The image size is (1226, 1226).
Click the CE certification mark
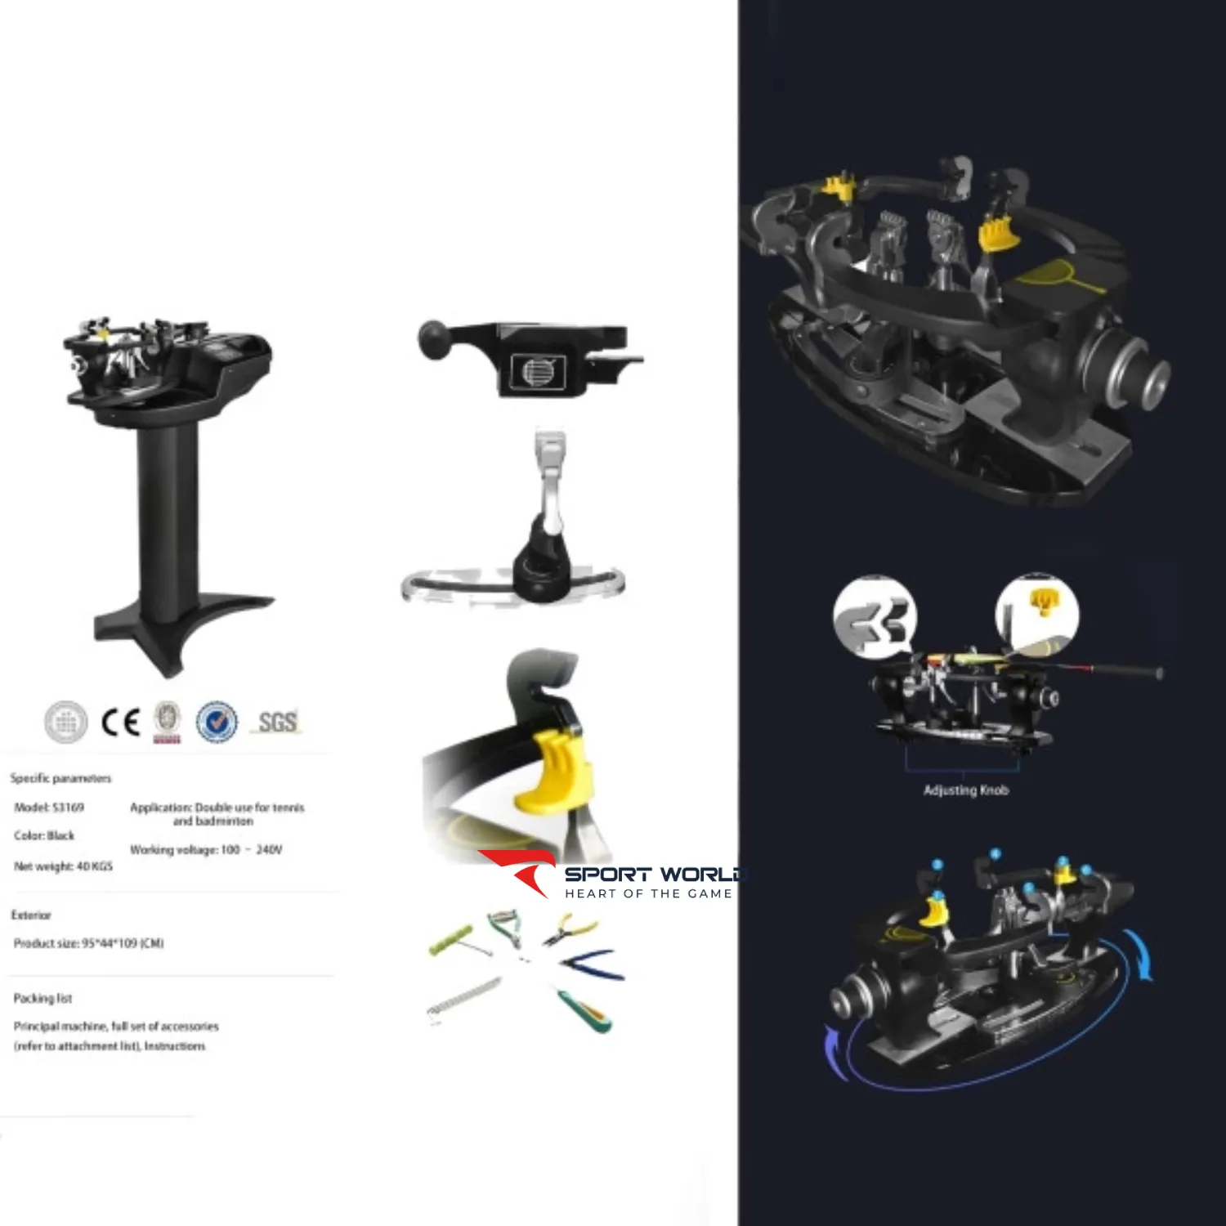(120, 723)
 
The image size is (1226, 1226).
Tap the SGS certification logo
(277, 722)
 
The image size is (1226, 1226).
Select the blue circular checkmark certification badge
(217, 722)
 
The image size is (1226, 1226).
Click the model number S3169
(49, 808)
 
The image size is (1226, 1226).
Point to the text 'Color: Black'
(44, 835)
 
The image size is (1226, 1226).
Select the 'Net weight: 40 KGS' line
(63, 866)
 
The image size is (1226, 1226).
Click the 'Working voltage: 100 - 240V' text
(206, 850)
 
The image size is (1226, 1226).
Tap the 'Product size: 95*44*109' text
(88, 943)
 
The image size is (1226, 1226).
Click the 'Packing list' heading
(43, 998)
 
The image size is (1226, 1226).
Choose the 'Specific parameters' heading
(60, 778)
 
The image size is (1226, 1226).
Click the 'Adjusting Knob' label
(965, 790)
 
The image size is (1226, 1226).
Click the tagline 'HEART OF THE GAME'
(648, 893)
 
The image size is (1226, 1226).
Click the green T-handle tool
(452, 941)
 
